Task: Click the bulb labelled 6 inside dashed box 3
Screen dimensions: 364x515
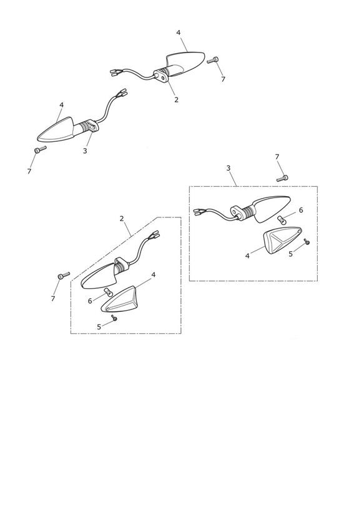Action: tap(281, 219)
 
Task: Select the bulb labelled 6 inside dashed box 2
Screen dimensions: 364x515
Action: tap(107, 291)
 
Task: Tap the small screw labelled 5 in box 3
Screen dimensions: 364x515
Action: tap(307, 241)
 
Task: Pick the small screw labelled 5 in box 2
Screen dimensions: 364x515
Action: tap(114, 317)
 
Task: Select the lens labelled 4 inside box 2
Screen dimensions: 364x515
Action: tap(118, 300)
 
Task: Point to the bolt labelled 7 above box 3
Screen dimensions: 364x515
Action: tap(282, 178)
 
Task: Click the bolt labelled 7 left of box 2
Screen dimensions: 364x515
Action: tap(64, 275)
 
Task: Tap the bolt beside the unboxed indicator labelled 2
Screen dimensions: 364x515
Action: tap(213, 60)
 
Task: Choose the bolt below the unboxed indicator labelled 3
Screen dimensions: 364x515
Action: tap(41, 149)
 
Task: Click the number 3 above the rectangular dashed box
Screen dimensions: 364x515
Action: tap(229, 168)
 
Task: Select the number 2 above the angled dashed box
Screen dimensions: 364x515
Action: tap(122, 218)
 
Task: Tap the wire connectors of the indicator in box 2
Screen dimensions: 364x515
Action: tap(154, 234)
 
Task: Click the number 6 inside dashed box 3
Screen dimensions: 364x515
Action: tap(301, 210)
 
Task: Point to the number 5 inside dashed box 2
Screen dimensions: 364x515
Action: tap(99, 327)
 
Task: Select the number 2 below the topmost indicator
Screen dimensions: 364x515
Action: tap(176, 100)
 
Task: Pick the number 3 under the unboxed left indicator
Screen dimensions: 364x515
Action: tap(85, 151)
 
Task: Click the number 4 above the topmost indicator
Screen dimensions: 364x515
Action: tap(178, 32)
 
